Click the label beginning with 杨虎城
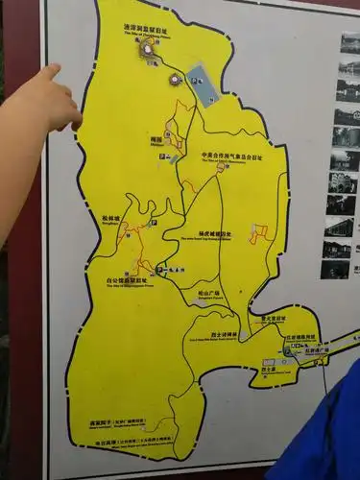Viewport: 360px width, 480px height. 215,232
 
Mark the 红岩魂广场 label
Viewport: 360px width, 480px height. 317,351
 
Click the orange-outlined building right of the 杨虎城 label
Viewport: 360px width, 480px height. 257,233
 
